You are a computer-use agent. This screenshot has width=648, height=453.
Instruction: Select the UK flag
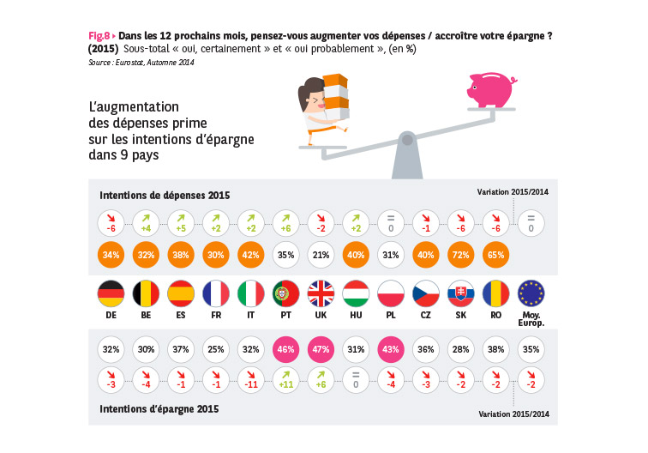coord(322,294)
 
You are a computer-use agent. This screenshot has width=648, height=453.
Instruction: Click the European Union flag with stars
coord(531,294)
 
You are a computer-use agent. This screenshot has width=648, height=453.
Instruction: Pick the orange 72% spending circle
coord(461,254)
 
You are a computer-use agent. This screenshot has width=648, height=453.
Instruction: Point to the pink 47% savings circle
coord(322,349)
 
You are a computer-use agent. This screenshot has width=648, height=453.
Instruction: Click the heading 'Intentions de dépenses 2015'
coord(165,195)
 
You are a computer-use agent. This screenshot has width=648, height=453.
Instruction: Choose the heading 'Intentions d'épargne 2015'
coord(159,408)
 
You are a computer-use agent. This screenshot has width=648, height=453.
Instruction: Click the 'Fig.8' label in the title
coord(99,35)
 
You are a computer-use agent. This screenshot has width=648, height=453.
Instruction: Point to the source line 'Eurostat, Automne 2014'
coord(141,62)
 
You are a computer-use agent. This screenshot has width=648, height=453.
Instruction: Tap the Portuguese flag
coord(287,294)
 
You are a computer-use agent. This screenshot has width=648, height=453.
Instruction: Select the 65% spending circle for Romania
coord(496,254)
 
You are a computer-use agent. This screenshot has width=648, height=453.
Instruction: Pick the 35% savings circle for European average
coord(531,349)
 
